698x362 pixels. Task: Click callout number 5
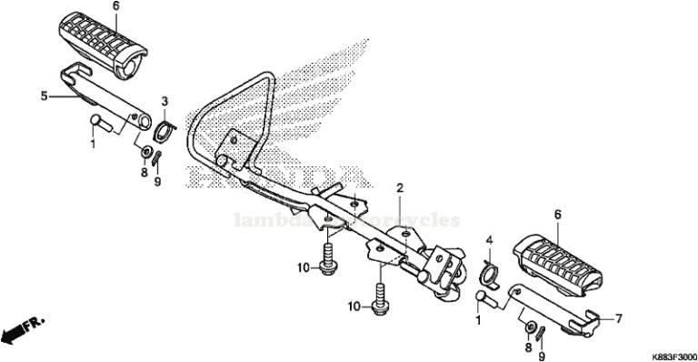click(x=43, y=94)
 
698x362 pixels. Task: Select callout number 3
click(x=165, y=100)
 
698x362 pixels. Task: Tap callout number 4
click(x=489, y=241)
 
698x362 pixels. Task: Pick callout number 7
click(x=618, y=319)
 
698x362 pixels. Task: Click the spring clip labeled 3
click(x=164, y=130)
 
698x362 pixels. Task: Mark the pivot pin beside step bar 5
click(x=100, y=121)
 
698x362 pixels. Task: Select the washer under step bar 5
click(x=145, y=149)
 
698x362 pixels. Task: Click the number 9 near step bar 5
click(x=156, y=181)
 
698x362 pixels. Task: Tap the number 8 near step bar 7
click(x=528, y=347)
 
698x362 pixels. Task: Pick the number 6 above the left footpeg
click(x=115, y=6)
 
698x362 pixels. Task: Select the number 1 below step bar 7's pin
click(x=478, y=320)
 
